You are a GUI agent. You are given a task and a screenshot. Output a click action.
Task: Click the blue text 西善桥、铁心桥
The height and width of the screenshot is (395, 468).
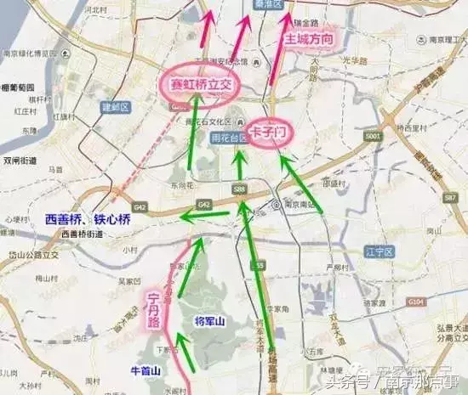click(88, 219)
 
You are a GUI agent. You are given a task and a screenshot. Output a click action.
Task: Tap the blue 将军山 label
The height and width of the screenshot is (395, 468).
click(208, 320)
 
